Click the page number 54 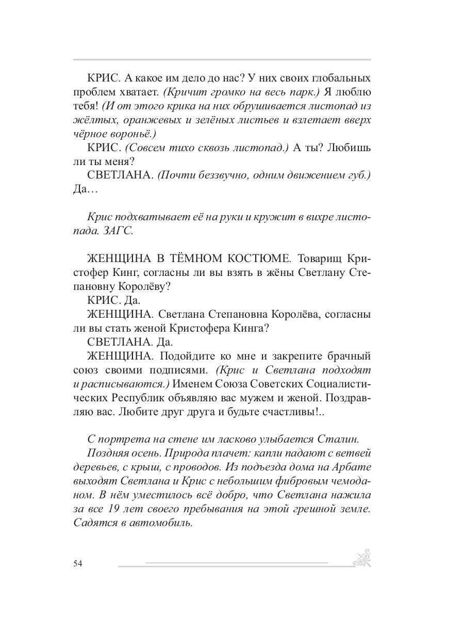point(78,563)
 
